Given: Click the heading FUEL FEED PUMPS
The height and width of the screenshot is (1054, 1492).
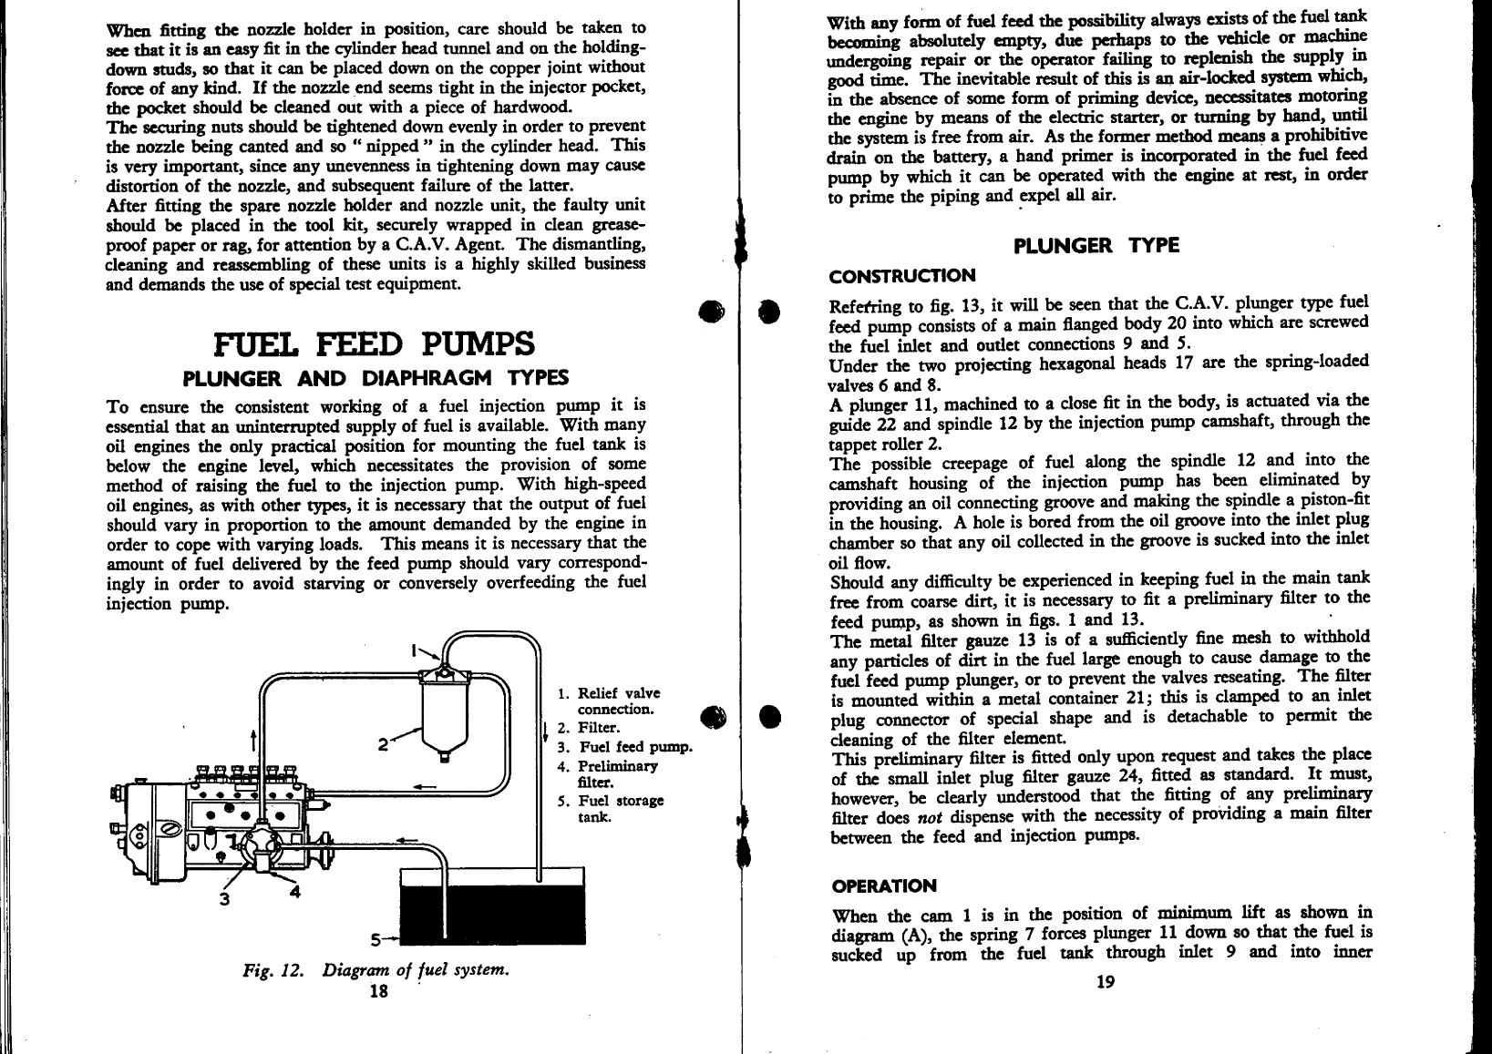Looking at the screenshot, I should point(373,345).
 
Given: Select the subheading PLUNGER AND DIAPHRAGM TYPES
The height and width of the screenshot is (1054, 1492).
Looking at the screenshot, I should point(376,378).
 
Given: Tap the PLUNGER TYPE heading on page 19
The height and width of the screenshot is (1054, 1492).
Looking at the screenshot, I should point(1096,246).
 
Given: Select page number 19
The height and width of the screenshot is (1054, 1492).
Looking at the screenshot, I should point(1105,981).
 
